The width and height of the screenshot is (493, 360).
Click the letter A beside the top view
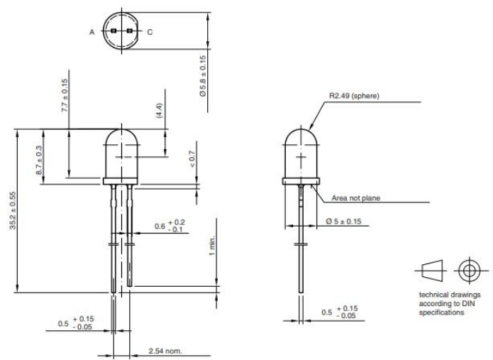pos(92,32)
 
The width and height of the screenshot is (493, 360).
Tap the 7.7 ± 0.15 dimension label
pos(64,96)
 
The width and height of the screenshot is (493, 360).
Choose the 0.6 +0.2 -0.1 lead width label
pos(171,226)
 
